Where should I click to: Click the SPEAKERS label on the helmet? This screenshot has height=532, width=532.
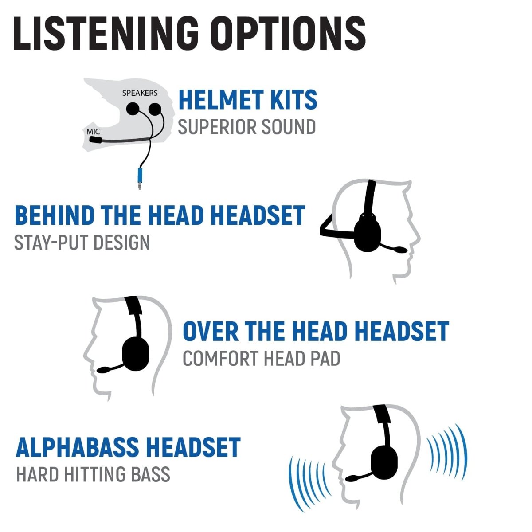point(140,93)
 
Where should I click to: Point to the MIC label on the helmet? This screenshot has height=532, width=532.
point(93,132)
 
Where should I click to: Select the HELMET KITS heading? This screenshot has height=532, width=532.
point(247,100)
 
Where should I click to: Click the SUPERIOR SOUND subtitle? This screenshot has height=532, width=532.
point(246,127)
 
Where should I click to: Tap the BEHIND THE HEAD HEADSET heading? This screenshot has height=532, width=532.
point(160,215)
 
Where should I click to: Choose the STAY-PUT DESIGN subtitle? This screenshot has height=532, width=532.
point(82,243)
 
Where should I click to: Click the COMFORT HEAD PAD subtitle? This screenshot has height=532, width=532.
point(261,359)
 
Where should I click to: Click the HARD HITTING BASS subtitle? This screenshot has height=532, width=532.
point(93,474)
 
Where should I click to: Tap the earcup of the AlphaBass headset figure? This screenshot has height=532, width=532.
point(384,461)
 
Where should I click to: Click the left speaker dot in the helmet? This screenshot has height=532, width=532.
point(133,109)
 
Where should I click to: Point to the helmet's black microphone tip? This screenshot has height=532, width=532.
point(95,140)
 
